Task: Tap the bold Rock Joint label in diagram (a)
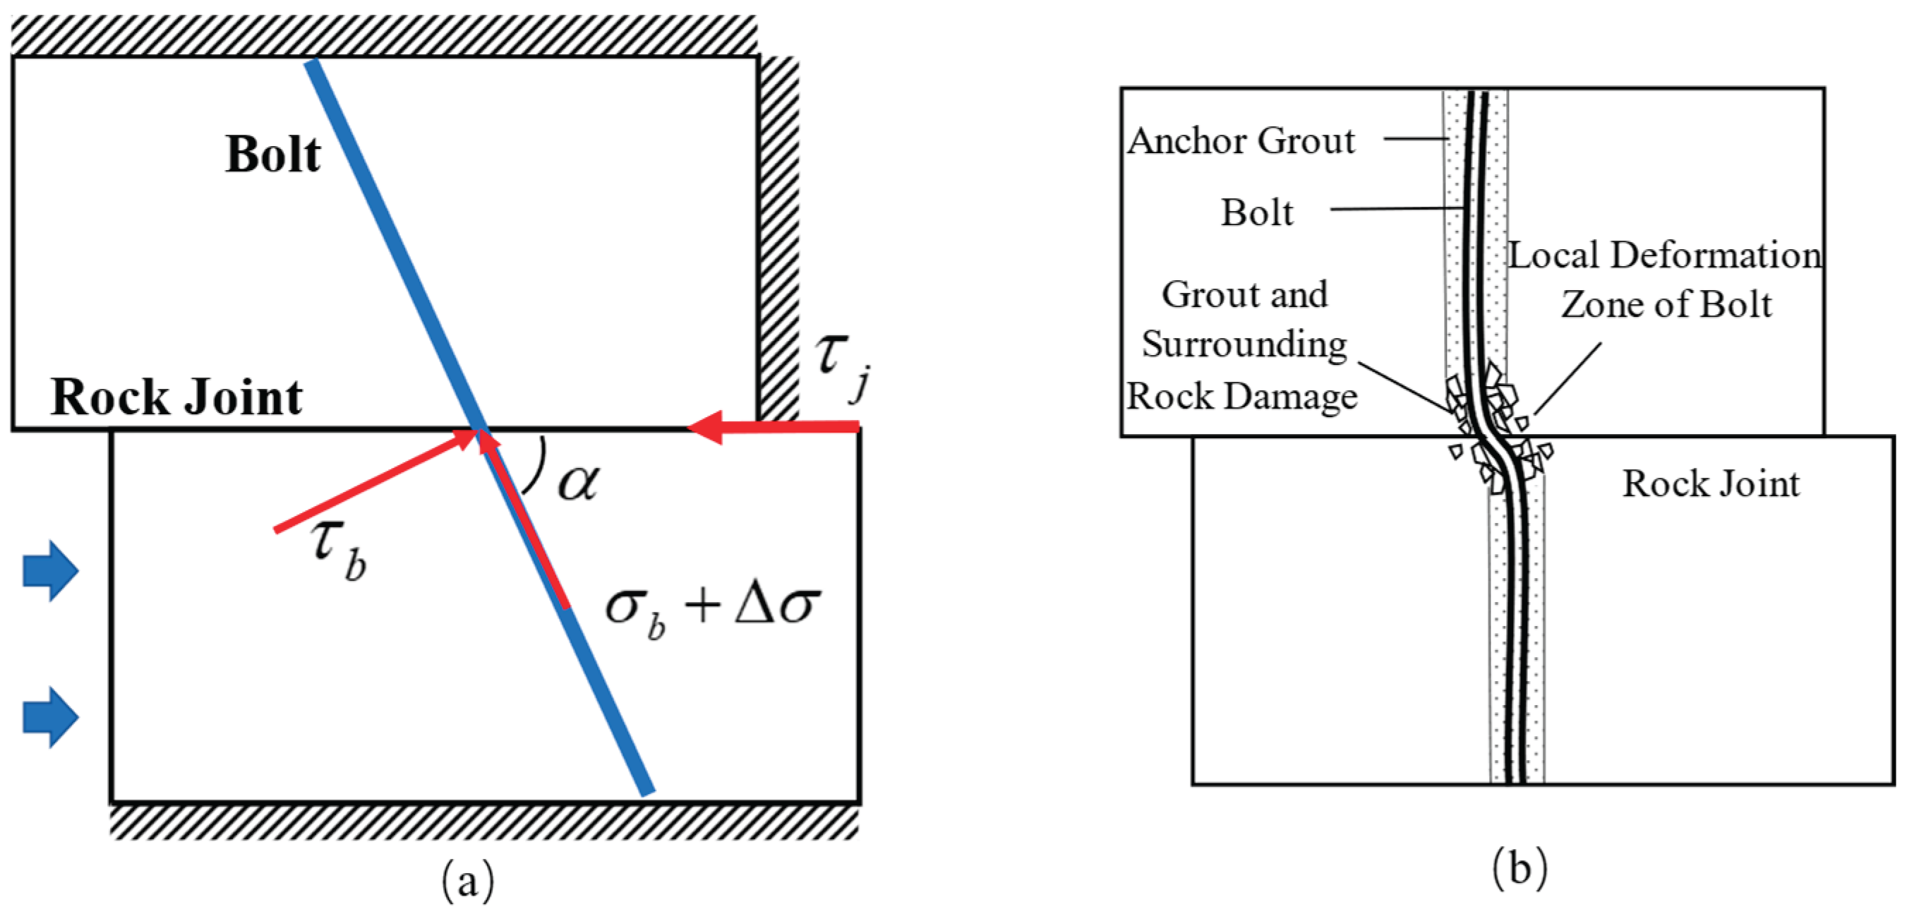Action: (x=176, y=397)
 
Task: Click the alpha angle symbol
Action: (x=578, y=483)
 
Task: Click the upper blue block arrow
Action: (x=50, y=570)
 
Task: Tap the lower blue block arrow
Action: (x=50, y=716)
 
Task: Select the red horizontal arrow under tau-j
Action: (x=773, y=426)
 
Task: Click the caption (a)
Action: (x=468, y=880)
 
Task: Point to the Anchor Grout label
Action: (x=1241, y=140)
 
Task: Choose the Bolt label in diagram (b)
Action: (x=1257, y=212)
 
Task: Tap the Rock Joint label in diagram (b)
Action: (x=1711, y=483)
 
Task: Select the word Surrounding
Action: (x=1244, y=344)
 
